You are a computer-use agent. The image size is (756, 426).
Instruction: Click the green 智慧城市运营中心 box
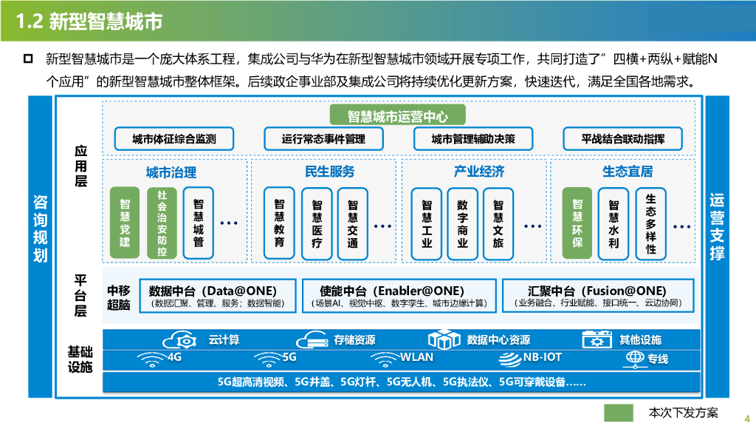click(398, 116)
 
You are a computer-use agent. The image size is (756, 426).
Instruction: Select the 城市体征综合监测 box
click(174, 138)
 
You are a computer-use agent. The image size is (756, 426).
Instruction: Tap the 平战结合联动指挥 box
click(622, 138)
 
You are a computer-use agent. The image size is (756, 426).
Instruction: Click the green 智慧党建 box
click(125, 223)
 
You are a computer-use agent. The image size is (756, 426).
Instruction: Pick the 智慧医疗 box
click(317, 223)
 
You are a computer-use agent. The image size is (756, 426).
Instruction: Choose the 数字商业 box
click(463, 223)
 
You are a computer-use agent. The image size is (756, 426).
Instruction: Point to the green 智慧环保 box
click(577, 223)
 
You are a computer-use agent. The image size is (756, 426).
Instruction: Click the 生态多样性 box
click(650, 223)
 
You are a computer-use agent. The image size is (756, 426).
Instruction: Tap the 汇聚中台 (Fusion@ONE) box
click(597, 295)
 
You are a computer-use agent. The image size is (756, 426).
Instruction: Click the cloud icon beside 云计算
click(182, 340)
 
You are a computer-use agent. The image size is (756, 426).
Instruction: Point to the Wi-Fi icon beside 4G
click(151, 359)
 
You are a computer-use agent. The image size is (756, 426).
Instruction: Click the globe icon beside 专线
click(634, 359)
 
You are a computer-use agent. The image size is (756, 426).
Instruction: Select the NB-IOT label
click(543, 358)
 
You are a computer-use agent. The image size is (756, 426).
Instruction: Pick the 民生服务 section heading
click(329, 172)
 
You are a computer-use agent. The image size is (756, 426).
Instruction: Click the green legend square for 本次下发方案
click(619, 413)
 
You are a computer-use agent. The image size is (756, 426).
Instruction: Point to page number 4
click(746, 416)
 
